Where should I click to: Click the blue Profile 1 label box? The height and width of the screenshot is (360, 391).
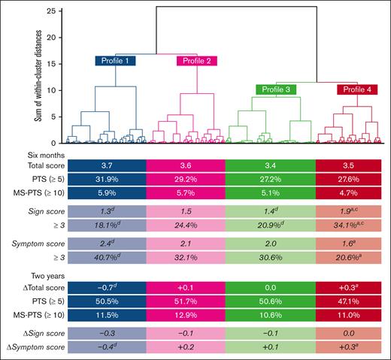point(114,61)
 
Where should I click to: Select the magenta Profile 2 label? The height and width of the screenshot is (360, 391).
point(196,61)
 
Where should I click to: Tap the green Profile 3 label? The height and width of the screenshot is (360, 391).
point(277,89)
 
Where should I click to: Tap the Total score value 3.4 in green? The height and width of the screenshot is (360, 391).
point(269,165)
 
